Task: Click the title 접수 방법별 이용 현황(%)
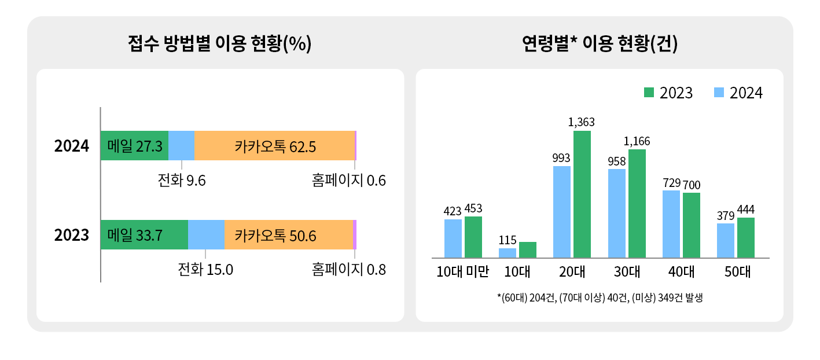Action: click(220, 44)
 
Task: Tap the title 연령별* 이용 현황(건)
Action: click(600, 44)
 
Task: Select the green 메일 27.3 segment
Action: click(134, 146)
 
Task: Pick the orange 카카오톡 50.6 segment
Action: click(288, 235)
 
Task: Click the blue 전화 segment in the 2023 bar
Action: click(206, 235)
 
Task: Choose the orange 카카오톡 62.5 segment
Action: click(274, 146)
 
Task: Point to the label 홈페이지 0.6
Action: click(348, 181)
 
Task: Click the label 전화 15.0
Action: click(205, 270)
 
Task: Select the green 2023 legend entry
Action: click(668, 93)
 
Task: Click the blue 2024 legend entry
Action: click(738, 93)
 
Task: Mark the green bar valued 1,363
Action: click(582, 194)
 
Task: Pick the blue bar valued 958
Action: click(617, 213)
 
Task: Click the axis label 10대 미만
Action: click(463, 271)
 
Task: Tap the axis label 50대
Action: click(736, 271)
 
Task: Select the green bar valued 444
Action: click(746, 237)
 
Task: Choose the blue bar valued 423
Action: click(453, 238)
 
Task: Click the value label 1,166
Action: click(637, 141)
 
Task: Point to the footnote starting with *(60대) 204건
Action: click(599, 298)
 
